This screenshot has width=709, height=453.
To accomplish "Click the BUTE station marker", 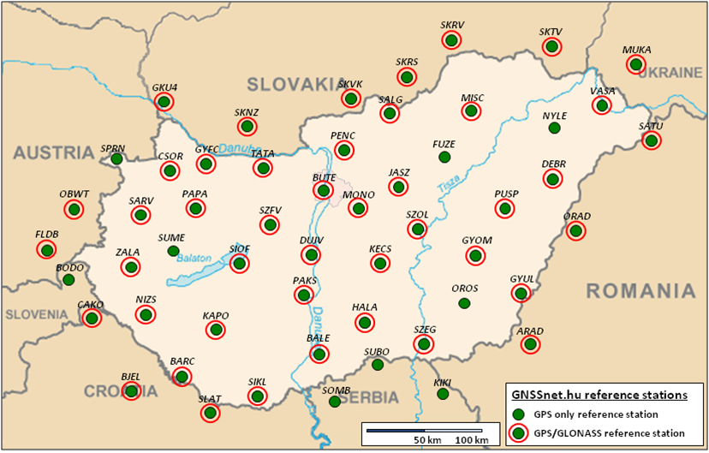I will [323, 190].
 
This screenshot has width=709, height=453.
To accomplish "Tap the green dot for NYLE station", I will [554, 128].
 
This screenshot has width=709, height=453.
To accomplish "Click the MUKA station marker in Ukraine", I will [635, 64].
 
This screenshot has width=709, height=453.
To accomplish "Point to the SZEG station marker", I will [424, 343].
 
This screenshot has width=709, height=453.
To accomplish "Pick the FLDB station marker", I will [46, 249].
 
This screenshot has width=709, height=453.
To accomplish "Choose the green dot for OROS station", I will [464, 303].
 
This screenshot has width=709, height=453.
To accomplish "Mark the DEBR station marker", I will [553, 179].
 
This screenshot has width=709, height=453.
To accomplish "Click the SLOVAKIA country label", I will [294, 83].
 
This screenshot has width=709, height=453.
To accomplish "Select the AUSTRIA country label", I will [53, 153].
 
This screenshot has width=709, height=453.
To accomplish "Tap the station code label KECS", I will [380, 249].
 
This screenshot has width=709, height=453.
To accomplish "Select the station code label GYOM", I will [477, 241].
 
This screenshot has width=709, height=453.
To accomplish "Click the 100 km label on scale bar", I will [472, 439].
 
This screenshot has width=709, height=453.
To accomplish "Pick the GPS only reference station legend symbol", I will [518, 414].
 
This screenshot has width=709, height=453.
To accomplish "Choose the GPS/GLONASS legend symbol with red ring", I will [518, 433].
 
